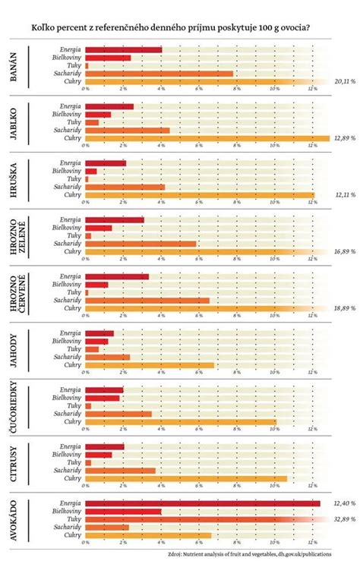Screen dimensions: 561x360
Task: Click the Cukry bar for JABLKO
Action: pyautogui.click(x=205, y=138)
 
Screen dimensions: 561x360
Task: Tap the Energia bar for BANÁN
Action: pyautogui.click(x=123, y=49)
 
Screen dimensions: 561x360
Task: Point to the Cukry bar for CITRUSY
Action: pyautogui.click(x=186, y=478)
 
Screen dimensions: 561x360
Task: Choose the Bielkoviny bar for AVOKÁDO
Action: pyautogui.click(x=123, y=511)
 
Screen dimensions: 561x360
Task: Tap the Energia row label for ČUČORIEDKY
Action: pyautogui.click(x=69, y=389)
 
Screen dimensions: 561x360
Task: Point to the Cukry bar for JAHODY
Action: pyautogui.click(x=150, y=365)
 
